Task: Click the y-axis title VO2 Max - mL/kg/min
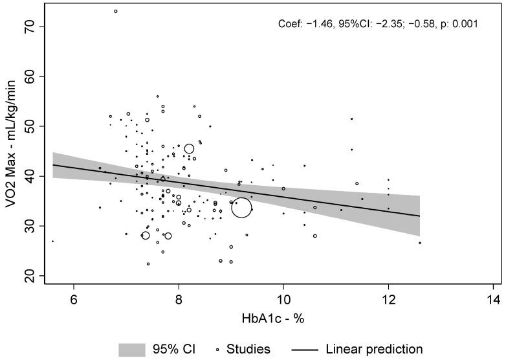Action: click(x=12, y=145)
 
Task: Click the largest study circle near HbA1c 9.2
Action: click(x=241, y=207)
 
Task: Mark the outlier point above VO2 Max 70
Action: click(x=116, y=11)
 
